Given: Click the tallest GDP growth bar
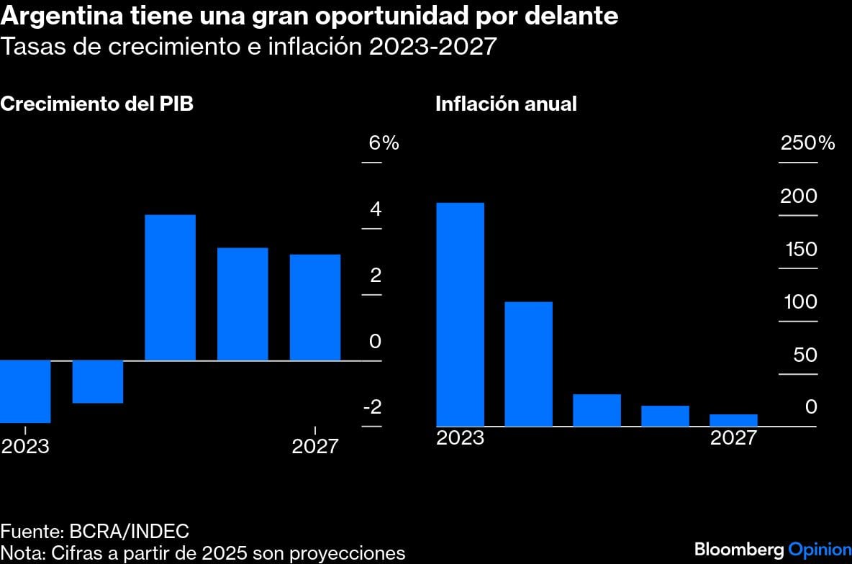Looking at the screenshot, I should coord(170,288).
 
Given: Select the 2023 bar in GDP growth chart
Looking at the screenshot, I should coord(25,391).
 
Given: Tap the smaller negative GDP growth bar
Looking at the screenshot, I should coord(98,381).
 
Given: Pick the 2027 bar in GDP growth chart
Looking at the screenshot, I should coord(314,307).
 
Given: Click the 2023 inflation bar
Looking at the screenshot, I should coord(460,314).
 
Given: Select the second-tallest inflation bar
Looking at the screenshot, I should coord(528,364).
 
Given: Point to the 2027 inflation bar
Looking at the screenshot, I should coord(733,420).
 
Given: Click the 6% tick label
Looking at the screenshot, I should coord(384,143).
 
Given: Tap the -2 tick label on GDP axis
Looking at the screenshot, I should coord(372,407).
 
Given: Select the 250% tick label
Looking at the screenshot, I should coord(807,143).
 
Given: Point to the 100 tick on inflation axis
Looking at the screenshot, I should coord(800,302).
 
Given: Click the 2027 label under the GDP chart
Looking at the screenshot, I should coord(314,447).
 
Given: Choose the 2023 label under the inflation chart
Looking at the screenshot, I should coord(460,437).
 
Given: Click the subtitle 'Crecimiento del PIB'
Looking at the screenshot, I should coord(97,104).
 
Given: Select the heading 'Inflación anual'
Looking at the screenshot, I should coord(506,104).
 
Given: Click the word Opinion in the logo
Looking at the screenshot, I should coord(820,550).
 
